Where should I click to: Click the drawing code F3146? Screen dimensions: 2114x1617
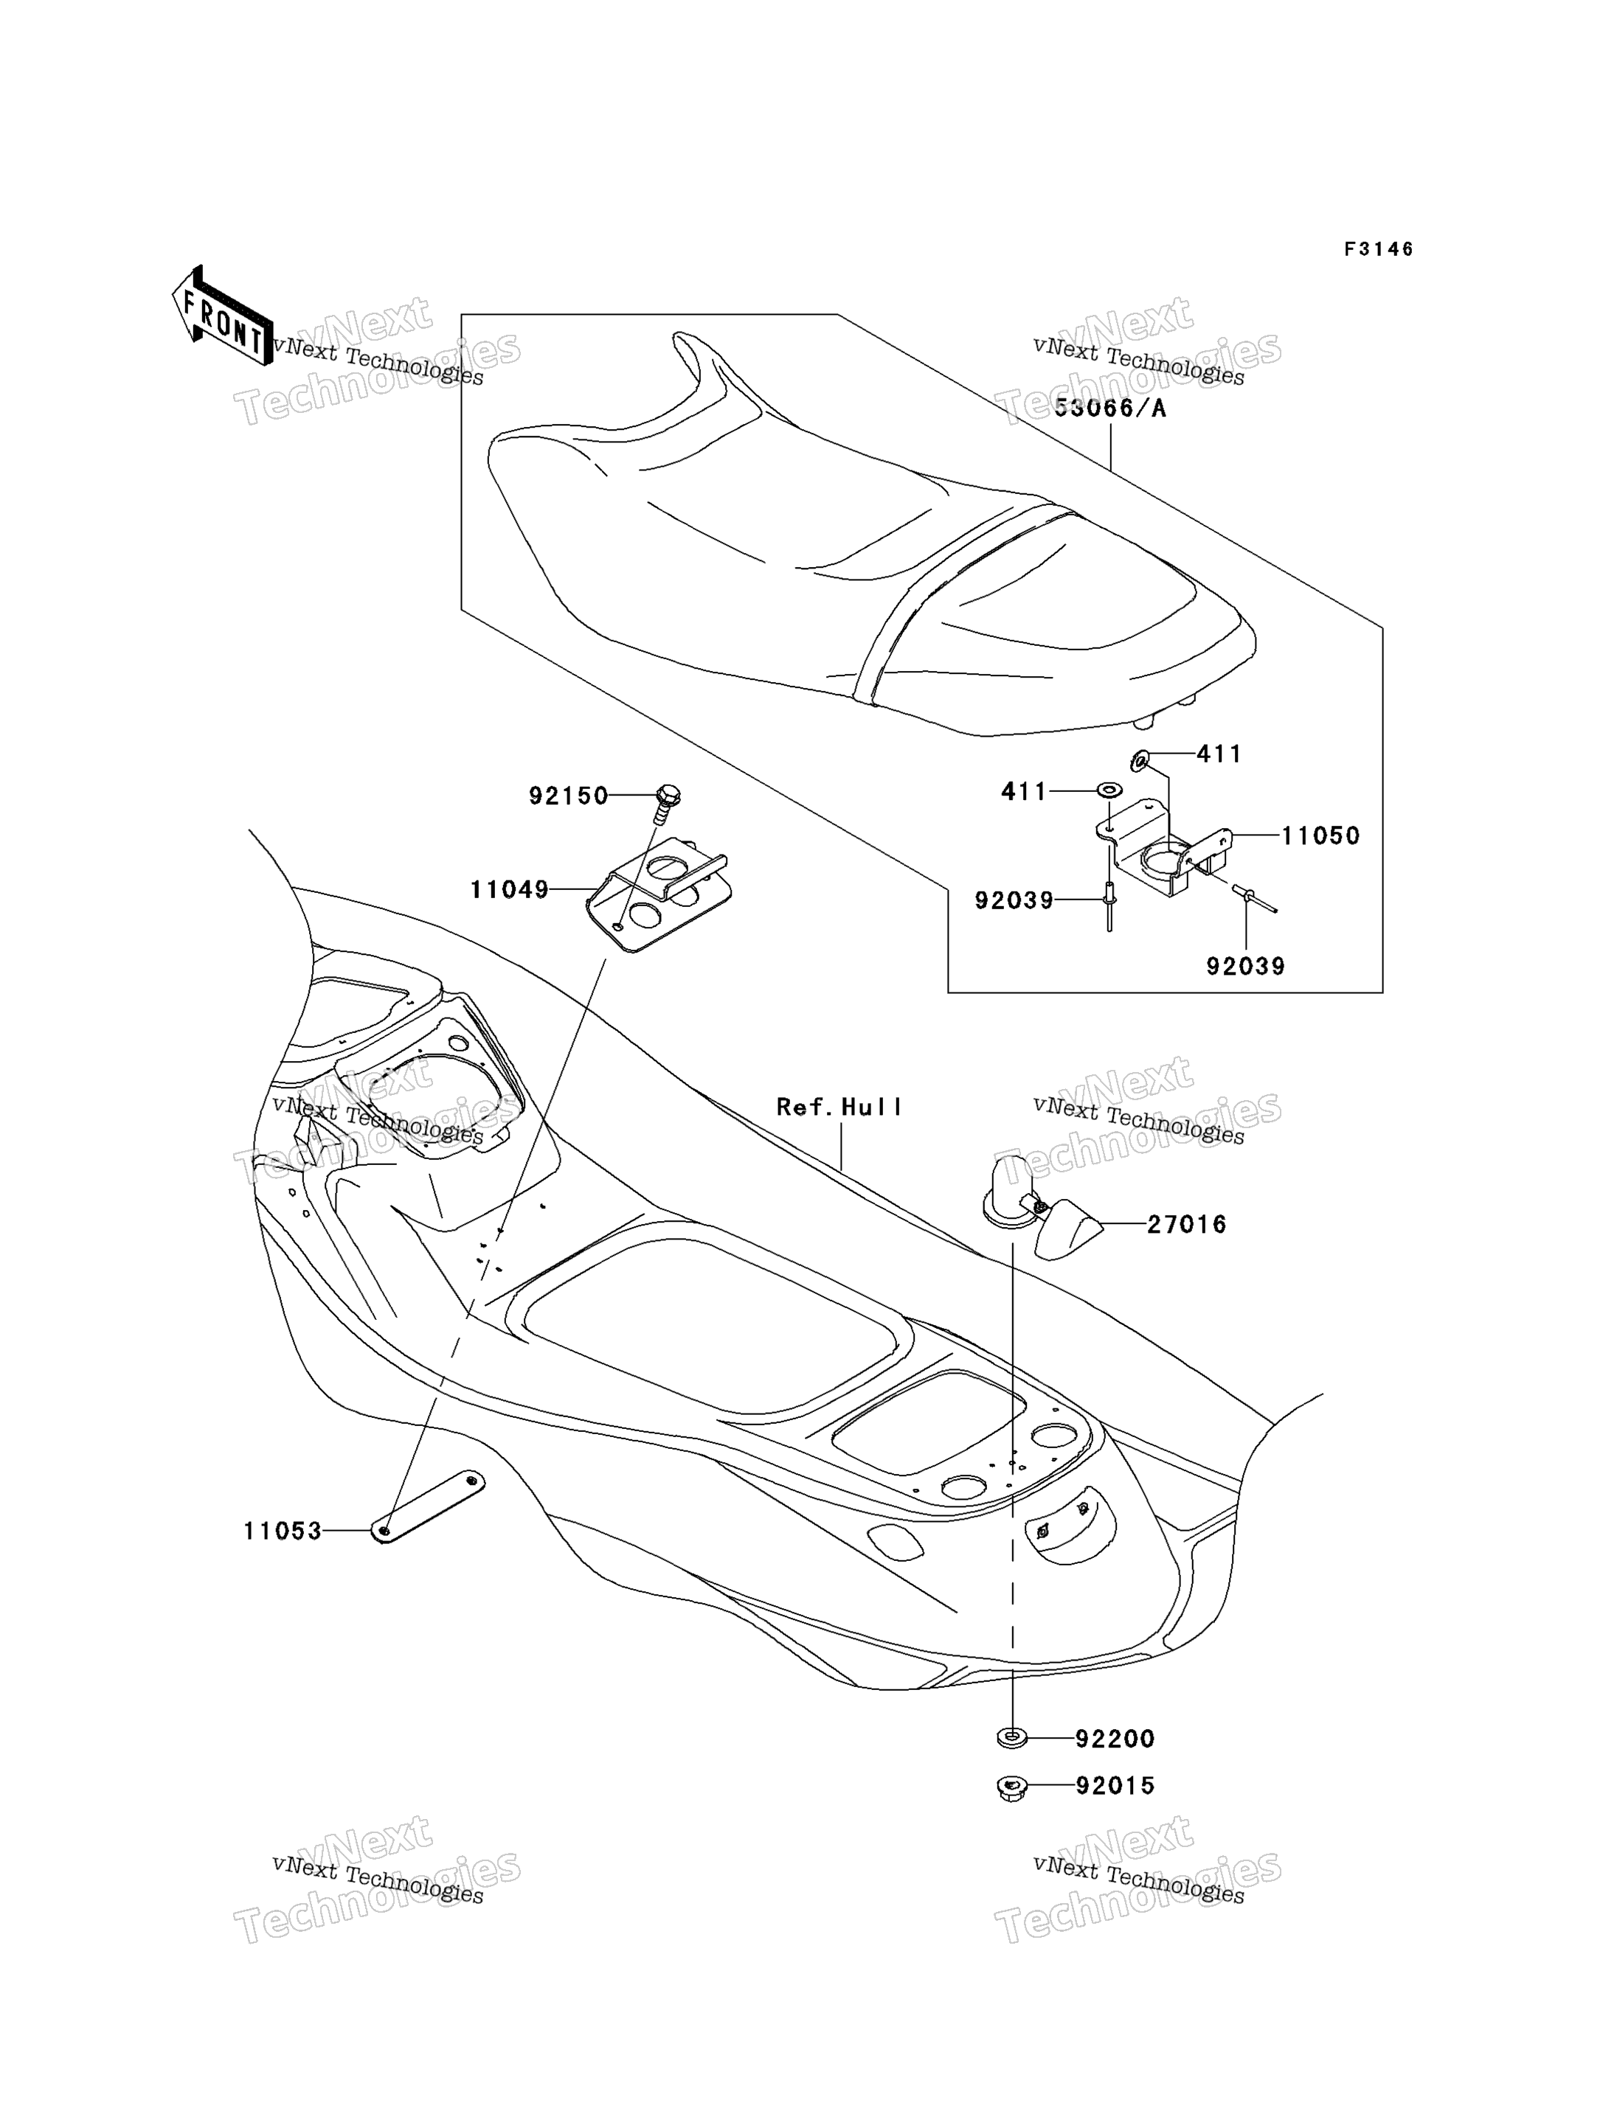1378,250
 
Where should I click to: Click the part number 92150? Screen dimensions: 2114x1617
568,796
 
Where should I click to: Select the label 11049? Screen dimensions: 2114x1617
509,890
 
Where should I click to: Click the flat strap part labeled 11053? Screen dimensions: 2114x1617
427,1507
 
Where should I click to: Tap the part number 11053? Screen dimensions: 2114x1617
282,1531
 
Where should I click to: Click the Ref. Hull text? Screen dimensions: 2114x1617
839,1108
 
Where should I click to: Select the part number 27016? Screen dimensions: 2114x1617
1187,1225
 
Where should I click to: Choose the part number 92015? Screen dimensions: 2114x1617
1115,1786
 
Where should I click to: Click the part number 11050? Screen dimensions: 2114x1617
1320,835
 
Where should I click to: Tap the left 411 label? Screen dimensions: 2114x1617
1023,791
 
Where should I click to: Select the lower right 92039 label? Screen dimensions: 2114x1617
1245,966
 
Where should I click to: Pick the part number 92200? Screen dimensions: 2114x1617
1115,1739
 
